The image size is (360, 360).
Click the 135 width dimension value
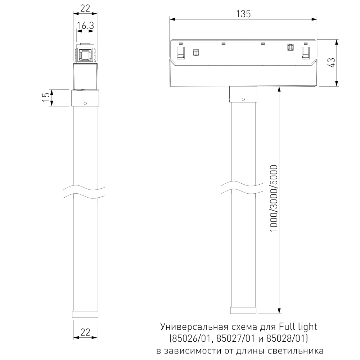point(243,14)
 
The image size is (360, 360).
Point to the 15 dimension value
point(46,98)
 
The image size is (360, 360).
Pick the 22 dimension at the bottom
point(85,333)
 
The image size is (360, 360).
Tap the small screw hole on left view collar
point(85,103)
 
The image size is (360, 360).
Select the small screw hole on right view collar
point(243,99)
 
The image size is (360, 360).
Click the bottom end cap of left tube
point(85,314)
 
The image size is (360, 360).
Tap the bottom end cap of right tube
point(243,310)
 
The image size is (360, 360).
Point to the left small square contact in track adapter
point(196,53)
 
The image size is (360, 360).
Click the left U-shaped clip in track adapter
point(180,52)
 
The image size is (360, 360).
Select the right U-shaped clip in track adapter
point(306,52)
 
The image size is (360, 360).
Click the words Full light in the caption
point(298,327)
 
